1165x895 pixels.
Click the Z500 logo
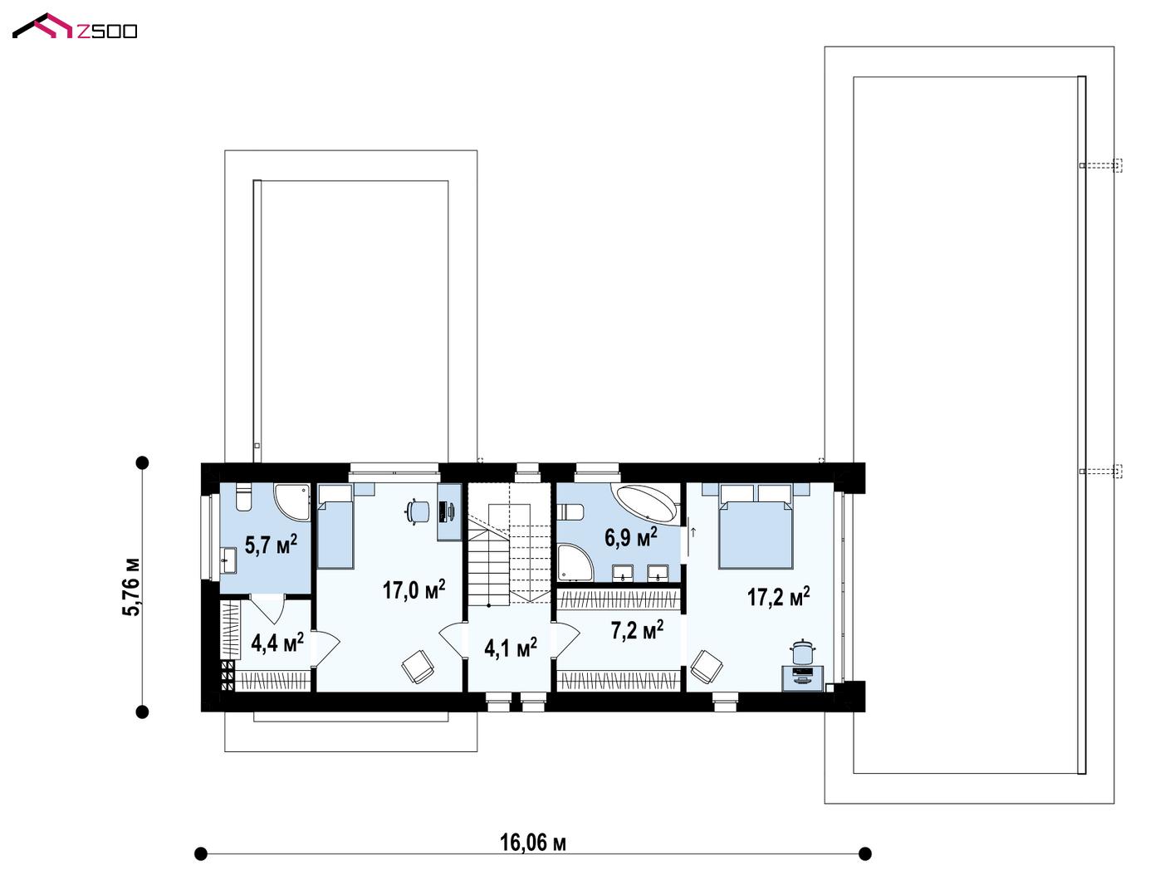pyautogui.click(x=75, y=27)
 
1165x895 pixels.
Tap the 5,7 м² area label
pyautogui.click(x=271, y=545)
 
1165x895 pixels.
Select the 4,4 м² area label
pyautogui.click(x=277, y=643)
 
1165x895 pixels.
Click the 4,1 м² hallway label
pyautogui.click(x=511, y=648)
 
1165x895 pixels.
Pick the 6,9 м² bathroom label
pyautogui.click(x=631, y=537)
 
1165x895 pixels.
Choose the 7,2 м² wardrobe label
pyautogui.click(x=638, y=629)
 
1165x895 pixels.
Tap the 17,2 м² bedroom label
pyautogui.click(x=778, y=596)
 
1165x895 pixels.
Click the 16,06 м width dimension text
pyautogui.click(x=532, y=843)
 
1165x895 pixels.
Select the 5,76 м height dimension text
pyautogui.click(x=132, y=587)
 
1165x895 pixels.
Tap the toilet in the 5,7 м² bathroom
pyautogui.click(x=244, y=496)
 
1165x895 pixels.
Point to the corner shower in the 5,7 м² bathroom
pyautogui.click(x=293, y=501)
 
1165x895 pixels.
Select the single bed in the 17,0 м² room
pyautogui.click(x=335, y=526)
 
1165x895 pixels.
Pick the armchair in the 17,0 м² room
pyautogui.click(x=418, y=666)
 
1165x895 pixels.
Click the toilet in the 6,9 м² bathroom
pyautogui.click(x=570, y=512)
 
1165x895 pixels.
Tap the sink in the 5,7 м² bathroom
pyautogui.click(x=228, y=560)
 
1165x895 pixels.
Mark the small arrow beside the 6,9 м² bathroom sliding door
pyautogui.click(x=693, y=532)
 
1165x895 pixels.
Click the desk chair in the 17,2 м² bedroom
pyautogui.click(x=802, y=653)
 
